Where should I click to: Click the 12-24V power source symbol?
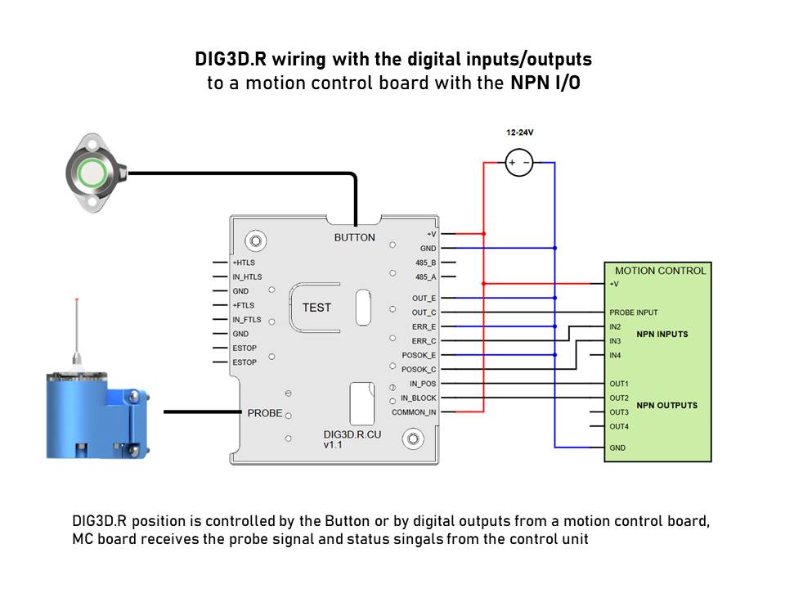tap(519, 163)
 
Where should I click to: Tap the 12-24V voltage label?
tap(520, 133)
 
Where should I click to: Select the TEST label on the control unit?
tap(316, 308)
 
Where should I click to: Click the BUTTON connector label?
tap(354, 237)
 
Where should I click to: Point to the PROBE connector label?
tap(265, 413)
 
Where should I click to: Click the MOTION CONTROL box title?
tap(661, 271)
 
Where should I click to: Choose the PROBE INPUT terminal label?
tap(633, 312)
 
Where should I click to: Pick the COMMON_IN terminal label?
tap(414, 412)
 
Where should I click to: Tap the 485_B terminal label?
tap(425, 263)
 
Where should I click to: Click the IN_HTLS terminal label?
tap(247, 277)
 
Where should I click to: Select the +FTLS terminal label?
tap(244, 305)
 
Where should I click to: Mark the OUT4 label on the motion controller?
tap(619, 427)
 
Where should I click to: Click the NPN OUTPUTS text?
tap(667, 405)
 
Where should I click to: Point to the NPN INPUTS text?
tap(662, 334)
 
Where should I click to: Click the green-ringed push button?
tap(92, 173)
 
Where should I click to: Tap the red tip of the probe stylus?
tap(77, 299)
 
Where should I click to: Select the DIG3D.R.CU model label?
tap(352, 434)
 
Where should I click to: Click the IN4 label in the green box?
tap(615, 355)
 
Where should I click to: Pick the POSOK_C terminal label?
tap(419, 370)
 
